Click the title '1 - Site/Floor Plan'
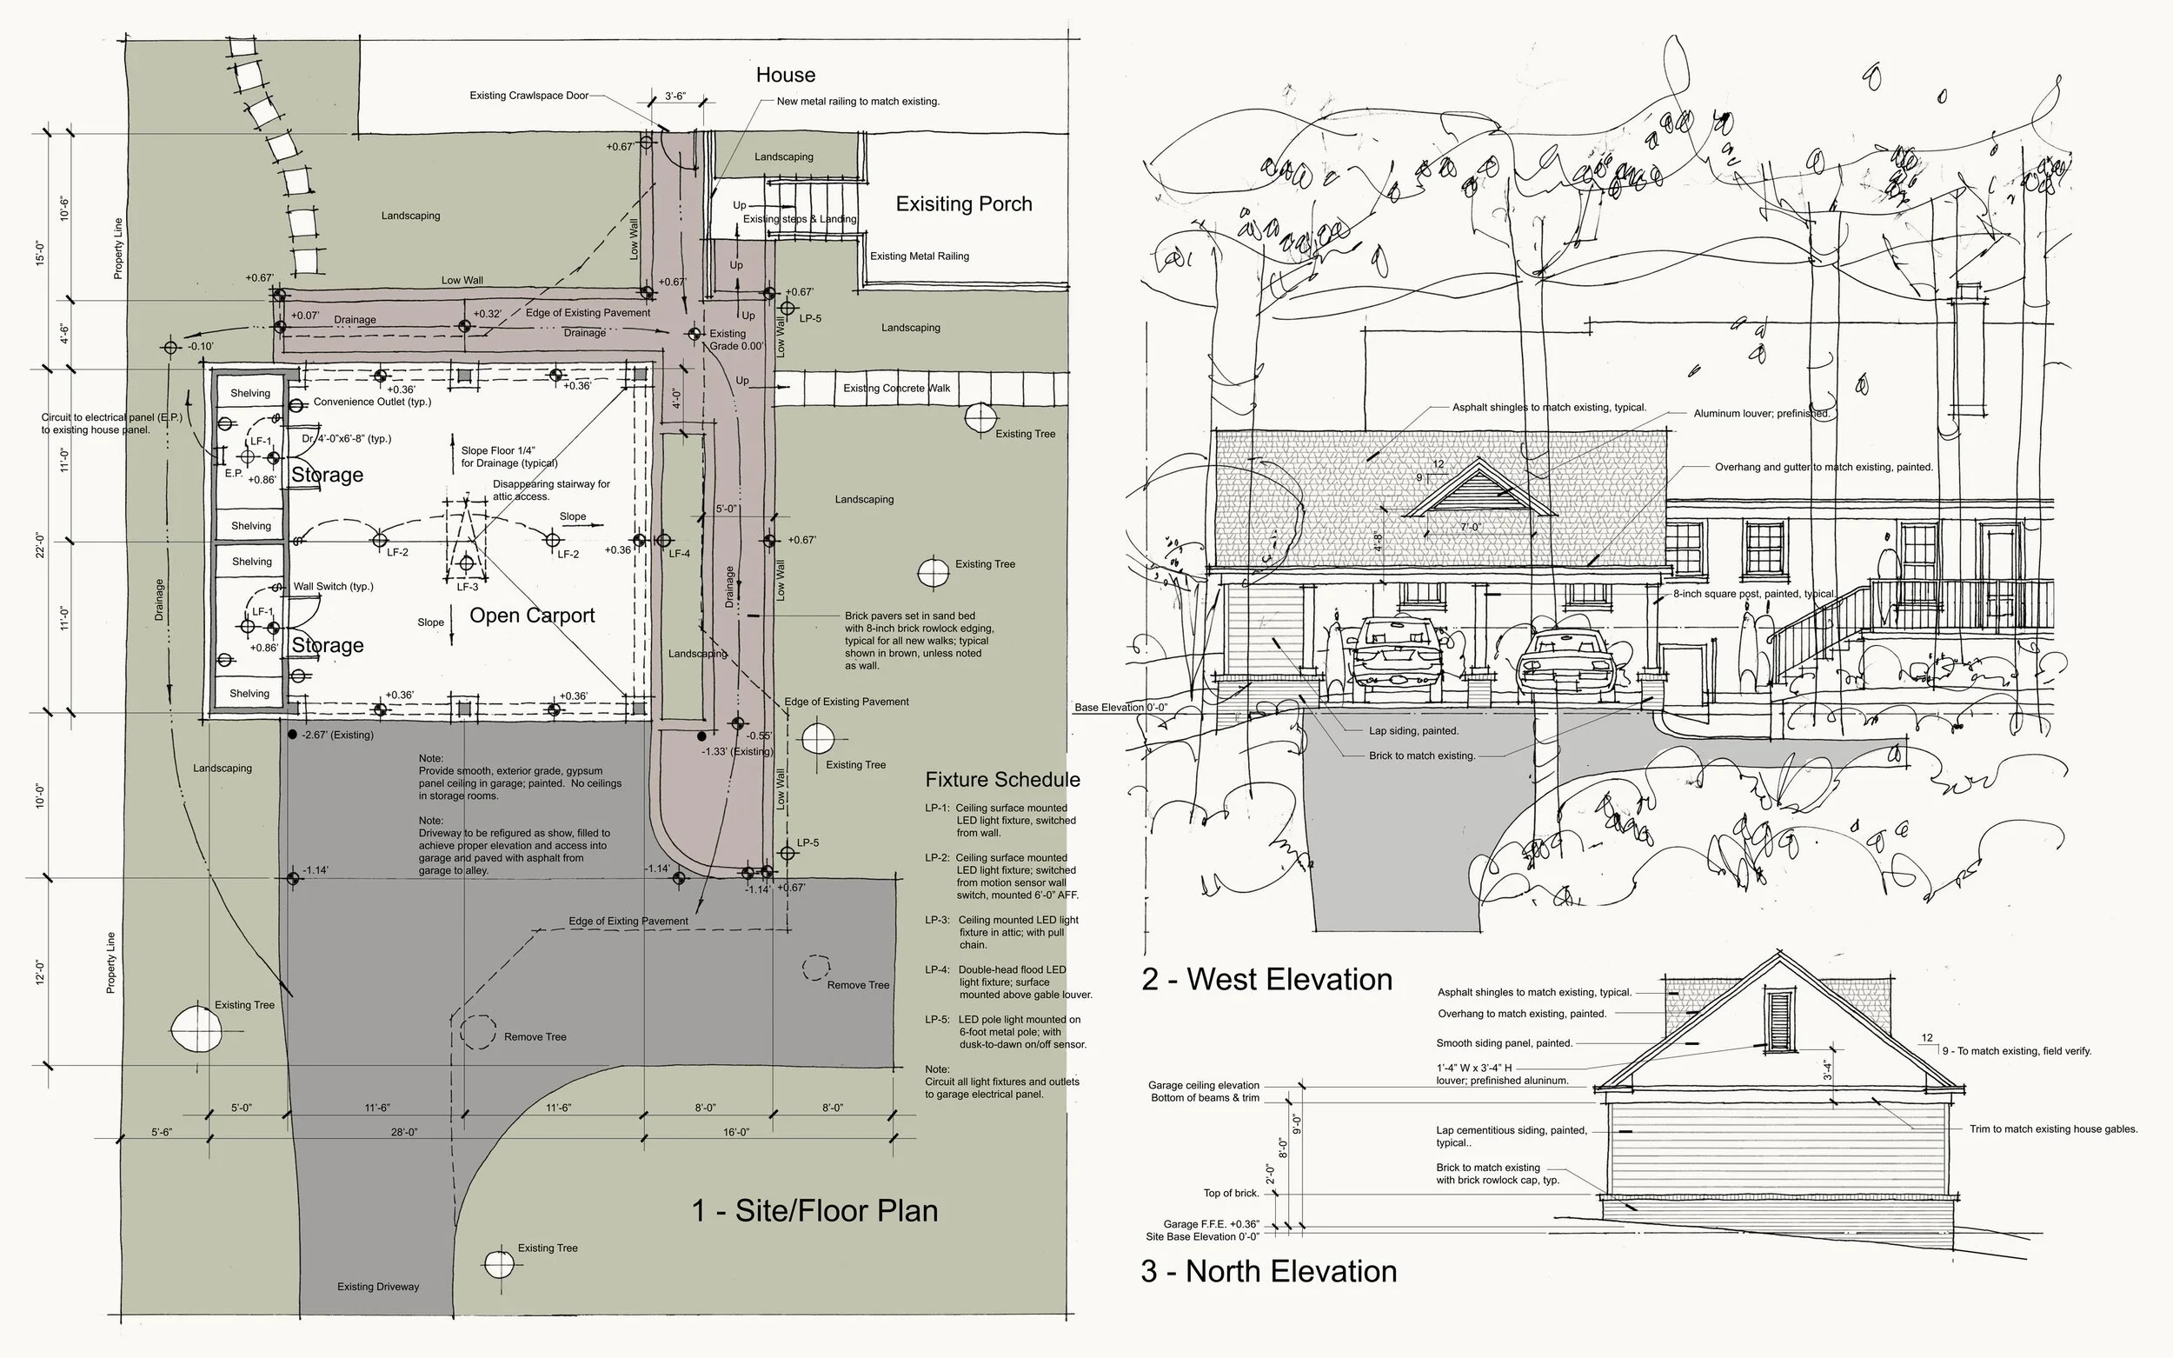coord(814,1211)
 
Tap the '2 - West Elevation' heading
coord(1266,980)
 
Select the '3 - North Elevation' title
coord(1268,1272)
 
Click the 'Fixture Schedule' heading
coord(1002,780)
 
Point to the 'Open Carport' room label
coord(532,616)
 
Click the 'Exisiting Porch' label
coord(963,204)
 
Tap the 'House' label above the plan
coord(785,75)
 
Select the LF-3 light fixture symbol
coord(466,564)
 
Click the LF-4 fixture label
coord(680,554)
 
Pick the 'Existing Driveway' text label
coord(378,1287)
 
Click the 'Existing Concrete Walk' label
coord(896,388)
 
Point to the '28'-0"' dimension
coord(404,1133)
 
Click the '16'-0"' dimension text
coord(736,1133)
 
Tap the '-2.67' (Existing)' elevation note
coord(337,735)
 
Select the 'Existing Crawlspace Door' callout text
coord(528,96)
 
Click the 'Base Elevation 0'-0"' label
coord(1120,708)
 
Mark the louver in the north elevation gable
coord(1777,1019)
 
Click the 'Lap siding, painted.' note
coord(1413,731)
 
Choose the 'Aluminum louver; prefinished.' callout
coord(1761,414)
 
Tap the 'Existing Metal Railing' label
coord(920,256)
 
